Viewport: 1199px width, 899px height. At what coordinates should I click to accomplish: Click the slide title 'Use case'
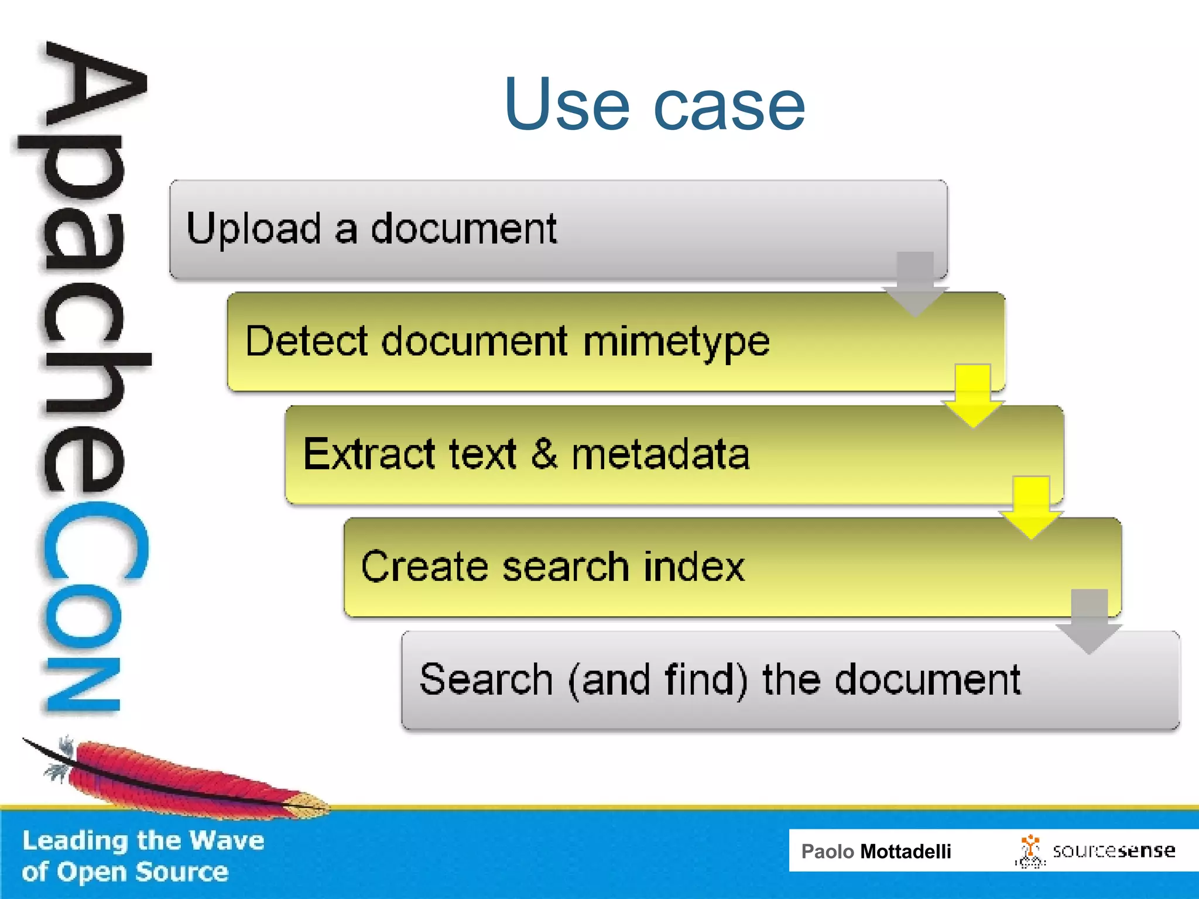coord(655,105)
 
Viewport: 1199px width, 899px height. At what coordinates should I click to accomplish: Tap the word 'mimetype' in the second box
coord(676,342)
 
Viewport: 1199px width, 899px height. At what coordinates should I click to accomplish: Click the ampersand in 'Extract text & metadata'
coord(544,453)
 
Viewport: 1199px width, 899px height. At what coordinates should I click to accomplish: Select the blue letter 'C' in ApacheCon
coord(94,541)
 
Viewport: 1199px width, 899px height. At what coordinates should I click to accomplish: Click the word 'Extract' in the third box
coord(369,454)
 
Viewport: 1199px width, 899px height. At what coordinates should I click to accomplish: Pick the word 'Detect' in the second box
coord(307,342)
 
